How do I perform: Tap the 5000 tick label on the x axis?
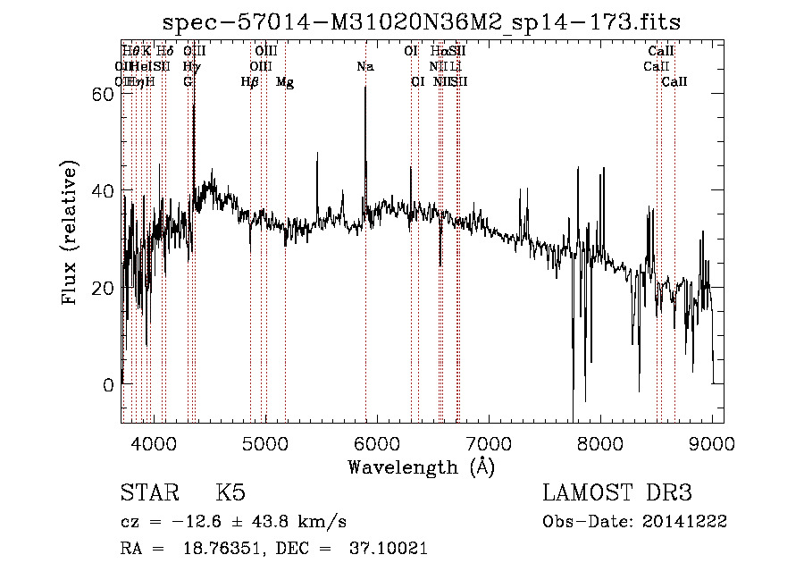coord(265,441)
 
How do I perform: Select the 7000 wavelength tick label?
coord(489,441)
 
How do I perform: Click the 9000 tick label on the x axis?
coord(712,441)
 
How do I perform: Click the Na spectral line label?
coord(364,67)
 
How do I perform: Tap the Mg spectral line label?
coord(285,82)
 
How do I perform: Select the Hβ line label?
coord(250,82)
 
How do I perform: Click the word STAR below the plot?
coord(149,493)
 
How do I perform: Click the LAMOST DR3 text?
coord(616,493)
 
